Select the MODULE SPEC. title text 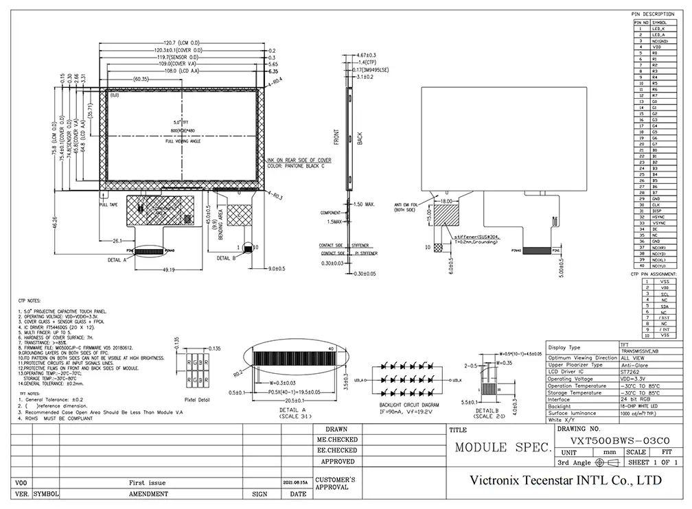click(x=503, y=448)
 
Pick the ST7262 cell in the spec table click(x=634, y=372)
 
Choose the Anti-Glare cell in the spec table click(x=634, y=365)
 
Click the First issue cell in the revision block click(x=148, y=483)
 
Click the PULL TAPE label click(x=109, y=204)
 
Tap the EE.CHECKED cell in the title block click(x=336, y=450)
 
